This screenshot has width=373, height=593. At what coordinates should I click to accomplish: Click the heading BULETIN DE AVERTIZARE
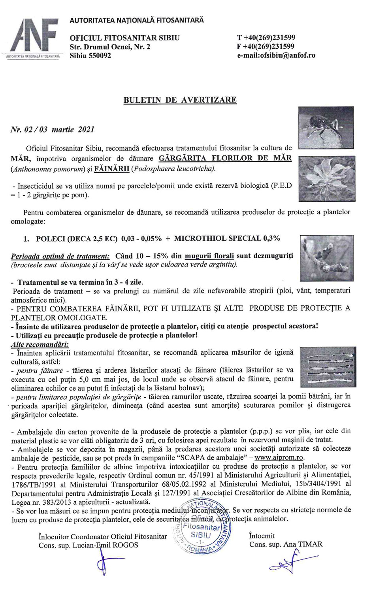click(x=180, y=100)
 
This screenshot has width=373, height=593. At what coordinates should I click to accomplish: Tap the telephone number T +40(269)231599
click(x=266, y=38)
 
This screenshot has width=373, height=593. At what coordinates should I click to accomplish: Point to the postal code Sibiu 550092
click(x=90, y=56)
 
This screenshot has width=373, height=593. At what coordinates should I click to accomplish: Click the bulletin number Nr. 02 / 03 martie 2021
click(x=53, y=129)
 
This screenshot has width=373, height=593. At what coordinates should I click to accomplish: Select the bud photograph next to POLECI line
click(x=327, y=257)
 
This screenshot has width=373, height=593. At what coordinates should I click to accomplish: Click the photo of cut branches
click(x=328, y=366)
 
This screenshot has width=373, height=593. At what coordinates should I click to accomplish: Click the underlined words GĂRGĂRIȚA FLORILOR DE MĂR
click(x=225, y=159)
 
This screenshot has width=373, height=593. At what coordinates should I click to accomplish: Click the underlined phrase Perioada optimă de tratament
click(x=60, y=256)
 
